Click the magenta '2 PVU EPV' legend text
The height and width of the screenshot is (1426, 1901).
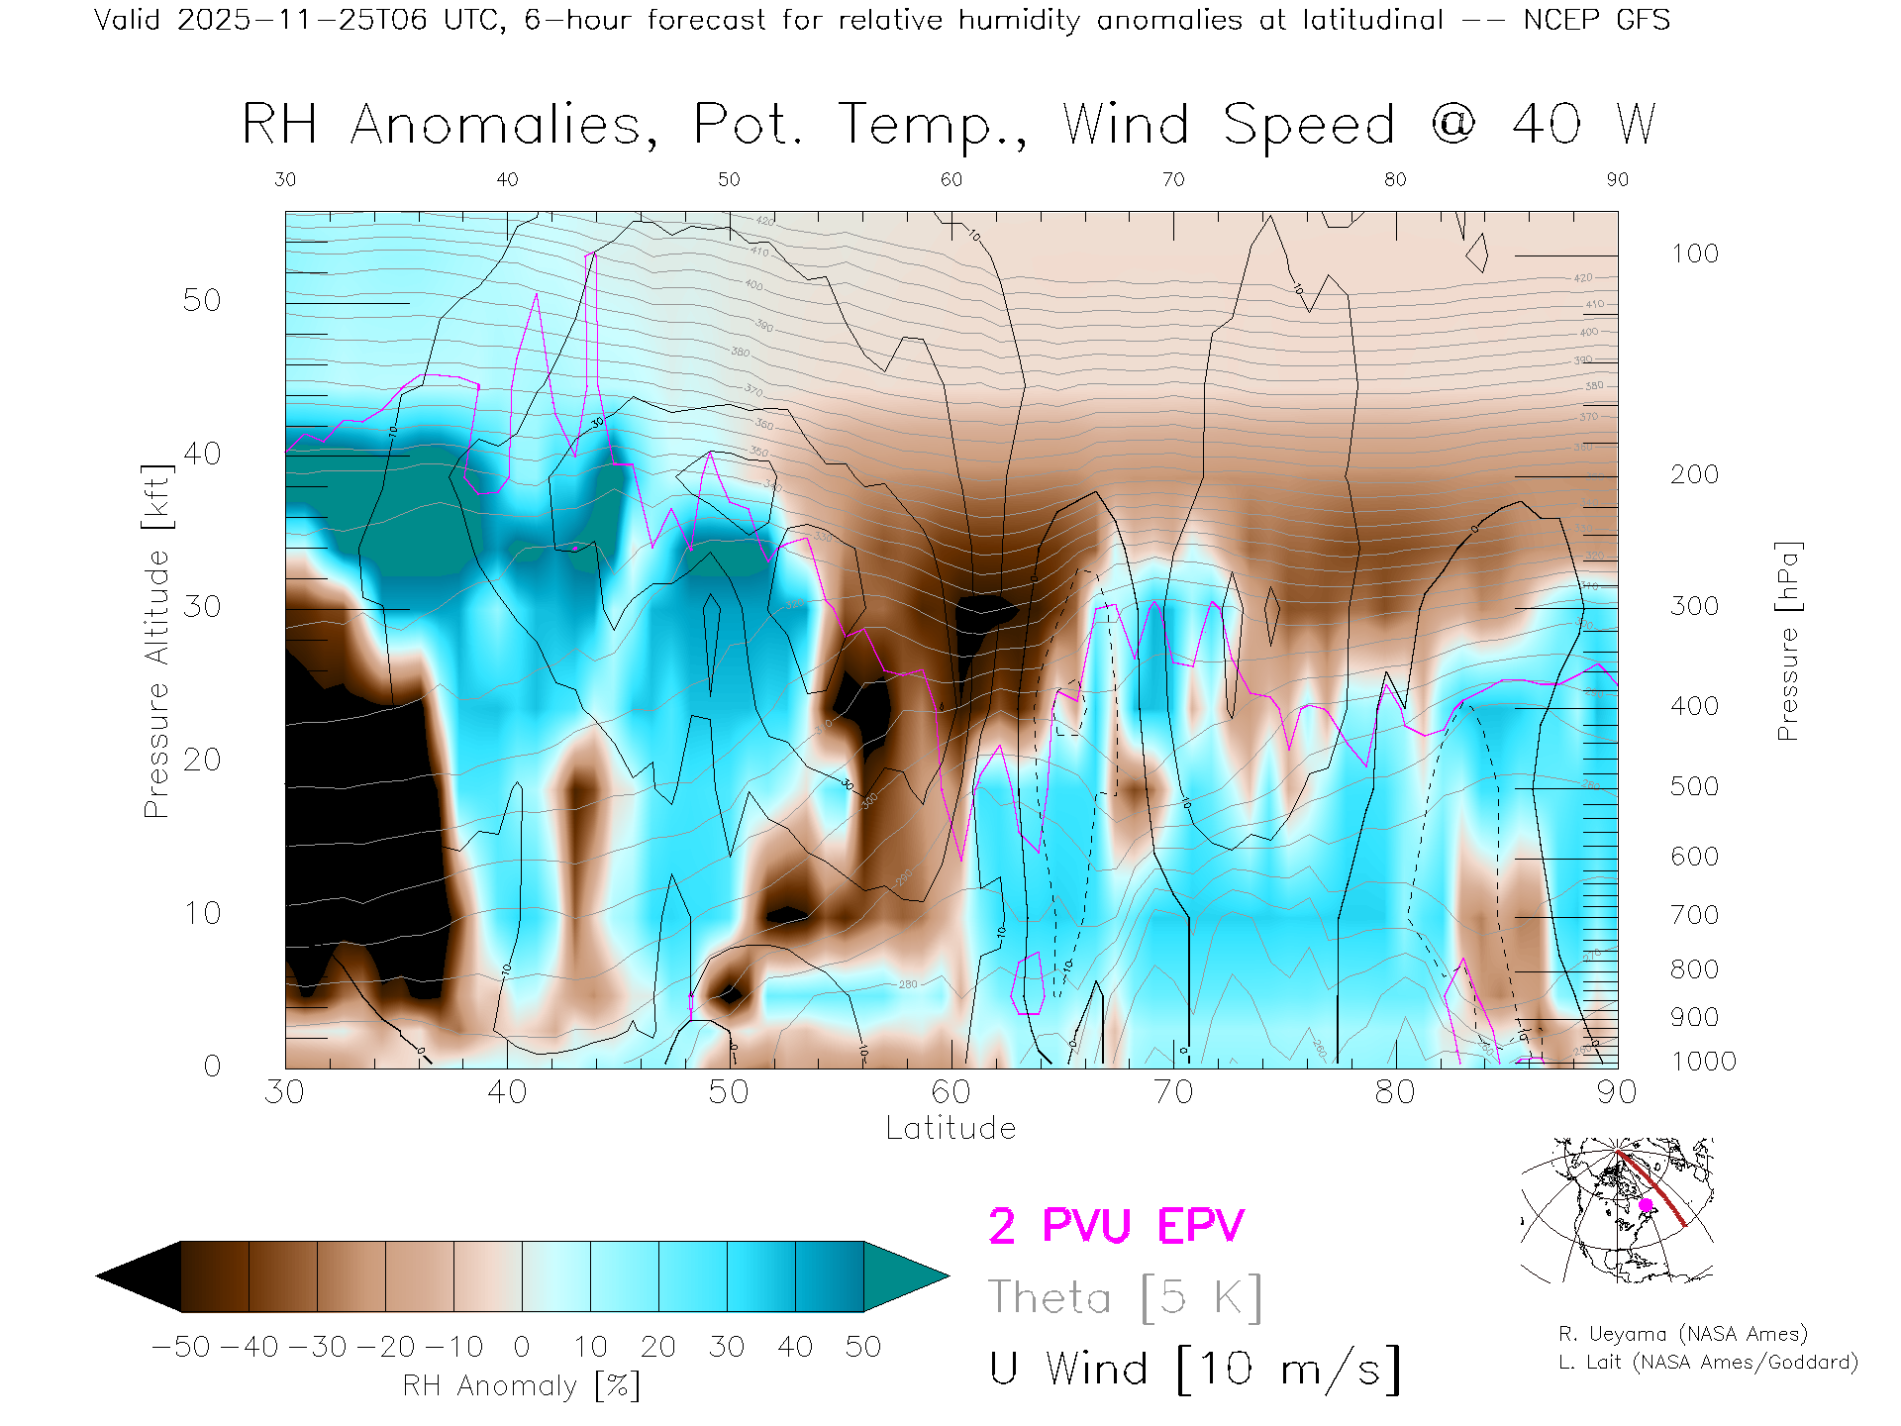(1116, 1226)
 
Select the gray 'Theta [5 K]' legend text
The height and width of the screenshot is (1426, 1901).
(1125, 1297)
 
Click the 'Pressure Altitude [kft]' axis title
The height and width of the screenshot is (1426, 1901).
(156, 641)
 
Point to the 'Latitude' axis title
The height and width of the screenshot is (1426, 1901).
(950, 1129)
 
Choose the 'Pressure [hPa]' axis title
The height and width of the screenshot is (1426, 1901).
(1788, 641)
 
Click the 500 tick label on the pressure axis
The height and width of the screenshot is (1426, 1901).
(1694, 786)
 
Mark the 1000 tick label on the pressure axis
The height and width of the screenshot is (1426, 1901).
(1703, 1062)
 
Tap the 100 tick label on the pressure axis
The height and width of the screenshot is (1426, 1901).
(1694, 254)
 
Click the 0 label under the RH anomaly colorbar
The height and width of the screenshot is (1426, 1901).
(522, 1347)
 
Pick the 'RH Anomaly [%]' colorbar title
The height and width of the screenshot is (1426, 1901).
(521, 1385)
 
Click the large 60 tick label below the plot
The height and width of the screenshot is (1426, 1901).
(950, 1092)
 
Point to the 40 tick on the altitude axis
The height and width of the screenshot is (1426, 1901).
(201, 454)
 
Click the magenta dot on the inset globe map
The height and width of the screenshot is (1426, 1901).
(1646, 1205)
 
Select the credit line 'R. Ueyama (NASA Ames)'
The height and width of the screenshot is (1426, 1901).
(1682, 1334)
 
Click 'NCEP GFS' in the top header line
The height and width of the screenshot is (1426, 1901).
(1596, 20)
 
